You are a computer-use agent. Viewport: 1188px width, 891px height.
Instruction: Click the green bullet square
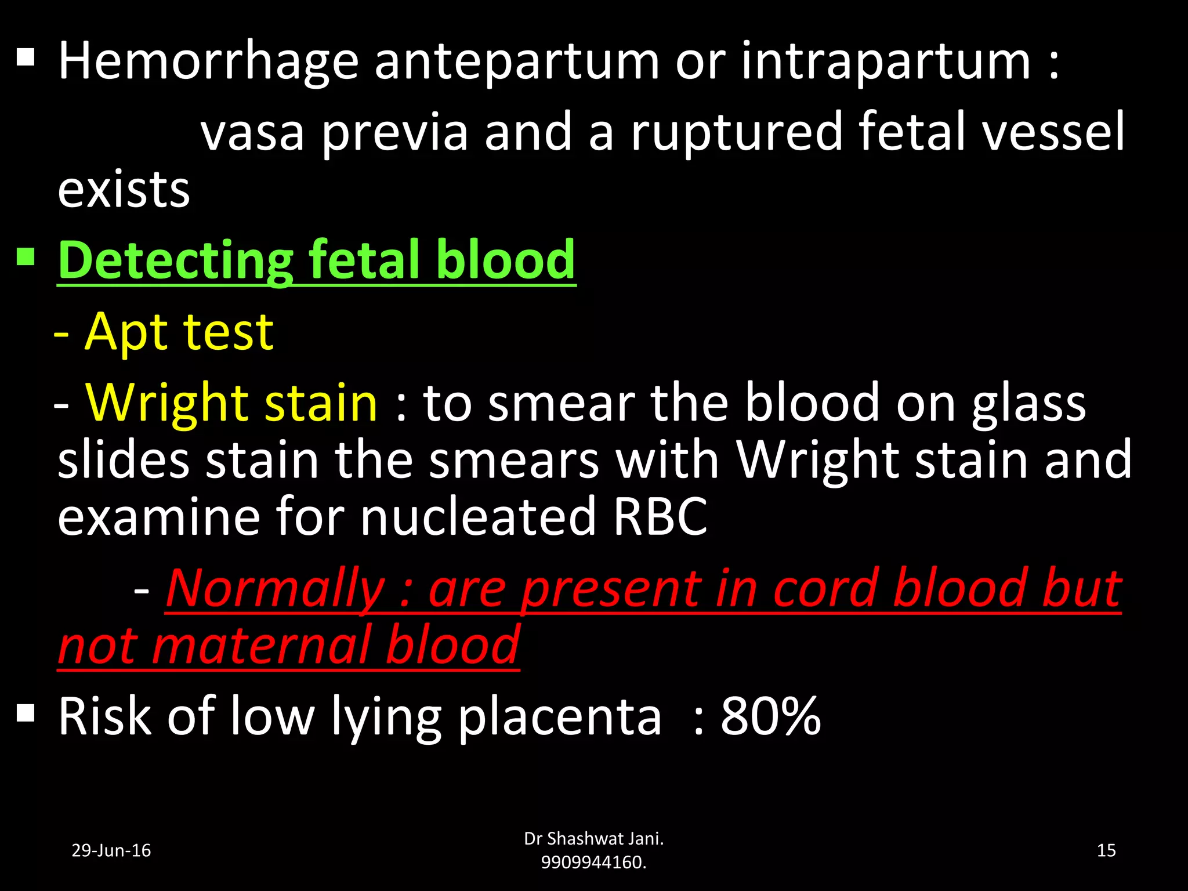click(26, 256)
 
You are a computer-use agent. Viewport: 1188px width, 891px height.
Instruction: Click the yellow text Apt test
click(179, 332)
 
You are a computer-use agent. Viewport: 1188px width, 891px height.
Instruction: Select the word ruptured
click(736, 132)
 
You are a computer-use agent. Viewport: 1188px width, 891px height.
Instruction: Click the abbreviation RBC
click(660, 516)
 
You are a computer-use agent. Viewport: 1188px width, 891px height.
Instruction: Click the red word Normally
click(276, 588)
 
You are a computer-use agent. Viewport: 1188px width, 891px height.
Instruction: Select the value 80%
click(770, 717)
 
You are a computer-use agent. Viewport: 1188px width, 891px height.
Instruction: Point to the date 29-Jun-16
click(111, 850)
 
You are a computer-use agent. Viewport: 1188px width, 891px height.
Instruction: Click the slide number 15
click(1106, 850)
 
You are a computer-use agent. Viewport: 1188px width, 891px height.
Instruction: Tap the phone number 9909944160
click(593, 863)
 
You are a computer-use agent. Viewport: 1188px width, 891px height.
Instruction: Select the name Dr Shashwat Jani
click(593, 838)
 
